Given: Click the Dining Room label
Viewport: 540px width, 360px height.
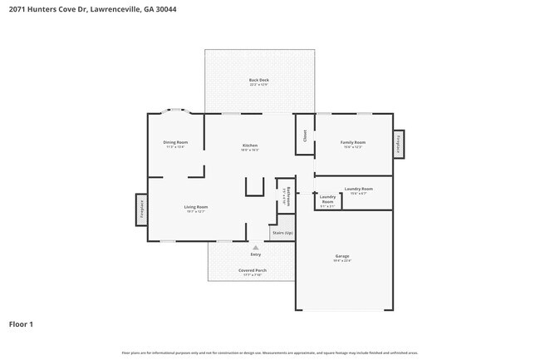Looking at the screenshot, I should (175, 142).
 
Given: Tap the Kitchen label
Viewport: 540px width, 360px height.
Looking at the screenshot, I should (250, 145).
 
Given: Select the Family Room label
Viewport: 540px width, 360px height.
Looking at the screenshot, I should (353, 142).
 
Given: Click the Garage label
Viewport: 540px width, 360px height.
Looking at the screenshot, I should (342, 256).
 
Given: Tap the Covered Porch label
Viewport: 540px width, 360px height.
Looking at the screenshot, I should (249, 270).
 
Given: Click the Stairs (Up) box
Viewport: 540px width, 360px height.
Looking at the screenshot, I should (282, 233).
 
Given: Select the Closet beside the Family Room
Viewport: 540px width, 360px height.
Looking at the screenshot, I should (305, 135).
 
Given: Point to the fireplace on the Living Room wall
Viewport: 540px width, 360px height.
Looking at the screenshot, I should (141, 209).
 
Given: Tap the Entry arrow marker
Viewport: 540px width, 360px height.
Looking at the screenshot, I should (255, 246).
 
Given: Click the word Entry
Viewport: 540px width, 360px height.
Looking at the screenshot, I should (255, 254).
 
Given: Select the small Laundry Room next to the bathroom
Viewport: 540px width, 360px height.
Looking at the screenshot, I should (327, 200).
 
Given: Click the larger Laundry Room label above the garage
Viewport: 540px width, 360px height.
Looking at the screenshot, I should (358, 189).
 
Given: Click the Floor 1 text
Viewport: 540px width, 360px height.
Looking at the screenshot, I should (22, 323).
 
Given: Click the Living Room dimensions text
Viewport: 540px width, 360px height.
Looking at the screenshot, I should (196, 212).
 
